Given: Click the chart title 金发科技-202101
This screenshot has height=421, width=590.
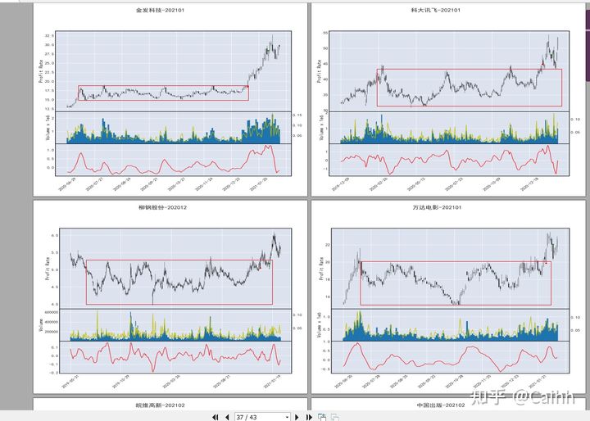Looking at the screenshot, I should coord(161,10).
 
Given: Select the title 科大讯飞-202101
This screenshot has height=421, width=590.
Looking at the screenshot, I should coord(436,10).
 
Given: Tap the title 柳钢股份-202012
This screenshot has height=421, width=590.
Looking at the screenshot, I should coord(162,207).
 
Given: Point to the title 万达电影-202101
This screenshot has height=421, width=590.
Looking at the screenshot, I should coord(435,207).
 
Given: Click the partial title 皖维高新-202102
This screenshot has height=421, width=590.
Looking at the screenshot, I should coord(162,405).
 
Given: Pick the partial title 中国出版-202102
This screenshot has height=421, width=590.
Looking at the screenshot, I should coord(435,405).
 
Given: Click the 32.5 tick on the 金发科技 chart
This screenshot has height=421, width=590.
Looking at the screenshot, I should coord(50,36).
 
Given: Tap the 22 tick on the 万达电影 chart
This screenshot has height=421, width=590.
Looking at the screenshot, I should coord(326,245).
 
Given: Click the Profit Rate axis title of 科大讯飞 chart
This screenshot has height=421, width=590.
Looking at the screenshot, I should coord(318,71).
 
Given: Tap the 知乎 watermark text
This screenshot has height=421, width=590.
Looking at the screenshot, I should coord(495,397).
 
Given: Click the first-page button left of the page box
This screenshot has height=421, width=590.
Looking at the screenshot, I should coord(215,417).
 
